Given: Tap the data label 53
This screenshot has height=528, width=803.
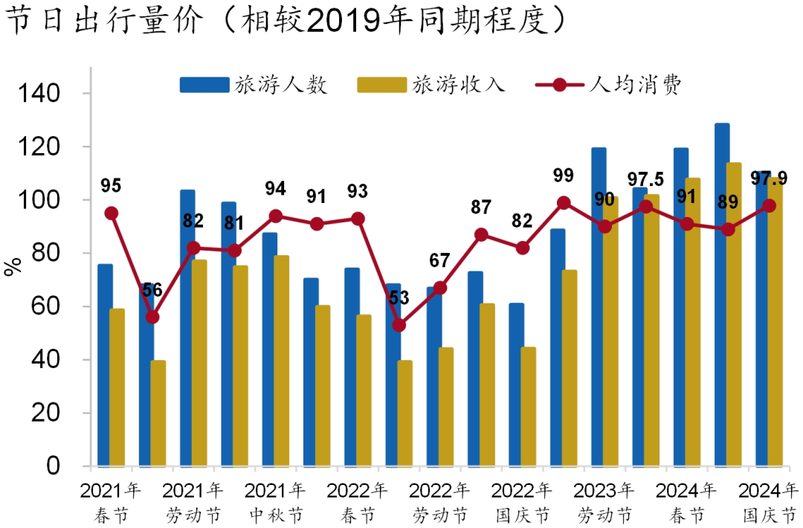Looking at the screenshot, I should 400,297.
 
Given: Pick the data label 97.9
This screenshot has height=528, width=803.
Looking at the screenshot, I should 769,178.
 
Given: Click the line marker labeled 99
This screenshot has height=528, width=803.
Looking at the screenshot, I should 564,203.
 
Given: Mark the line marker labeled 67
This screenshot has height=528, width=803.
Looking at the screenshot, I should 440,288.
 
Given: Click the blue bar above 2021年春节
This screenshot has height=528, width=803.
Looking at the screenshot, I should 105,364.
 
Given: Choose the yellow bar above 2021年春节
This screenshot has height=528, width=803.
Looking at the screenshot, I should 117,387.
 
